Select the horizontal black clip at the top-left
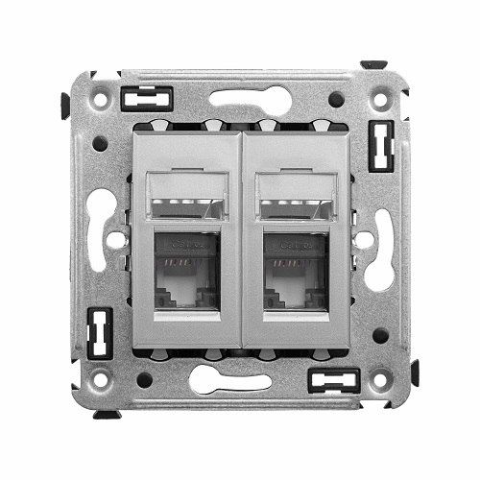pos(147,96)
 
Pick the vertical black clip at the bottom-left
pos(98,331)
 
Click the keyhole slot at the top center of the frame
pos(240,98)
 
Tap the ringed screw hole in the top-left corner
pos(99,98)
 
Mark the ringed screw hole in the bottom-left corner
pos(99,379)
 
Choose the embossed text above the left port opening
pos(187,244)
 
